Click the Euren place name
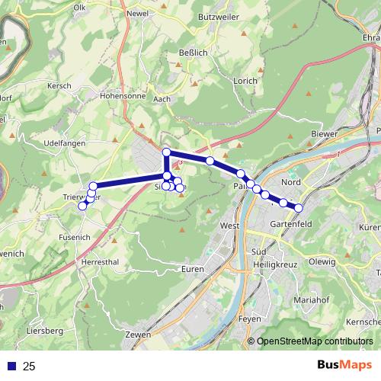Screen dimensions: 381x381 [x=193, y=270]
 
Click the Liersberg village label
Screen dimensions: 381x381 [x=44, y=331]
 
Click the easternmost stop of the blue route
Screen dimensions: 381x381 [x=299, y=208]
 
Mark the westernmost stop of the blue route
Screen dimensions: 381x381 [x=82, y=206]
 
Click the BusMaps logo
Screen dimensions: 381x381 [x=344, y=365]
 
